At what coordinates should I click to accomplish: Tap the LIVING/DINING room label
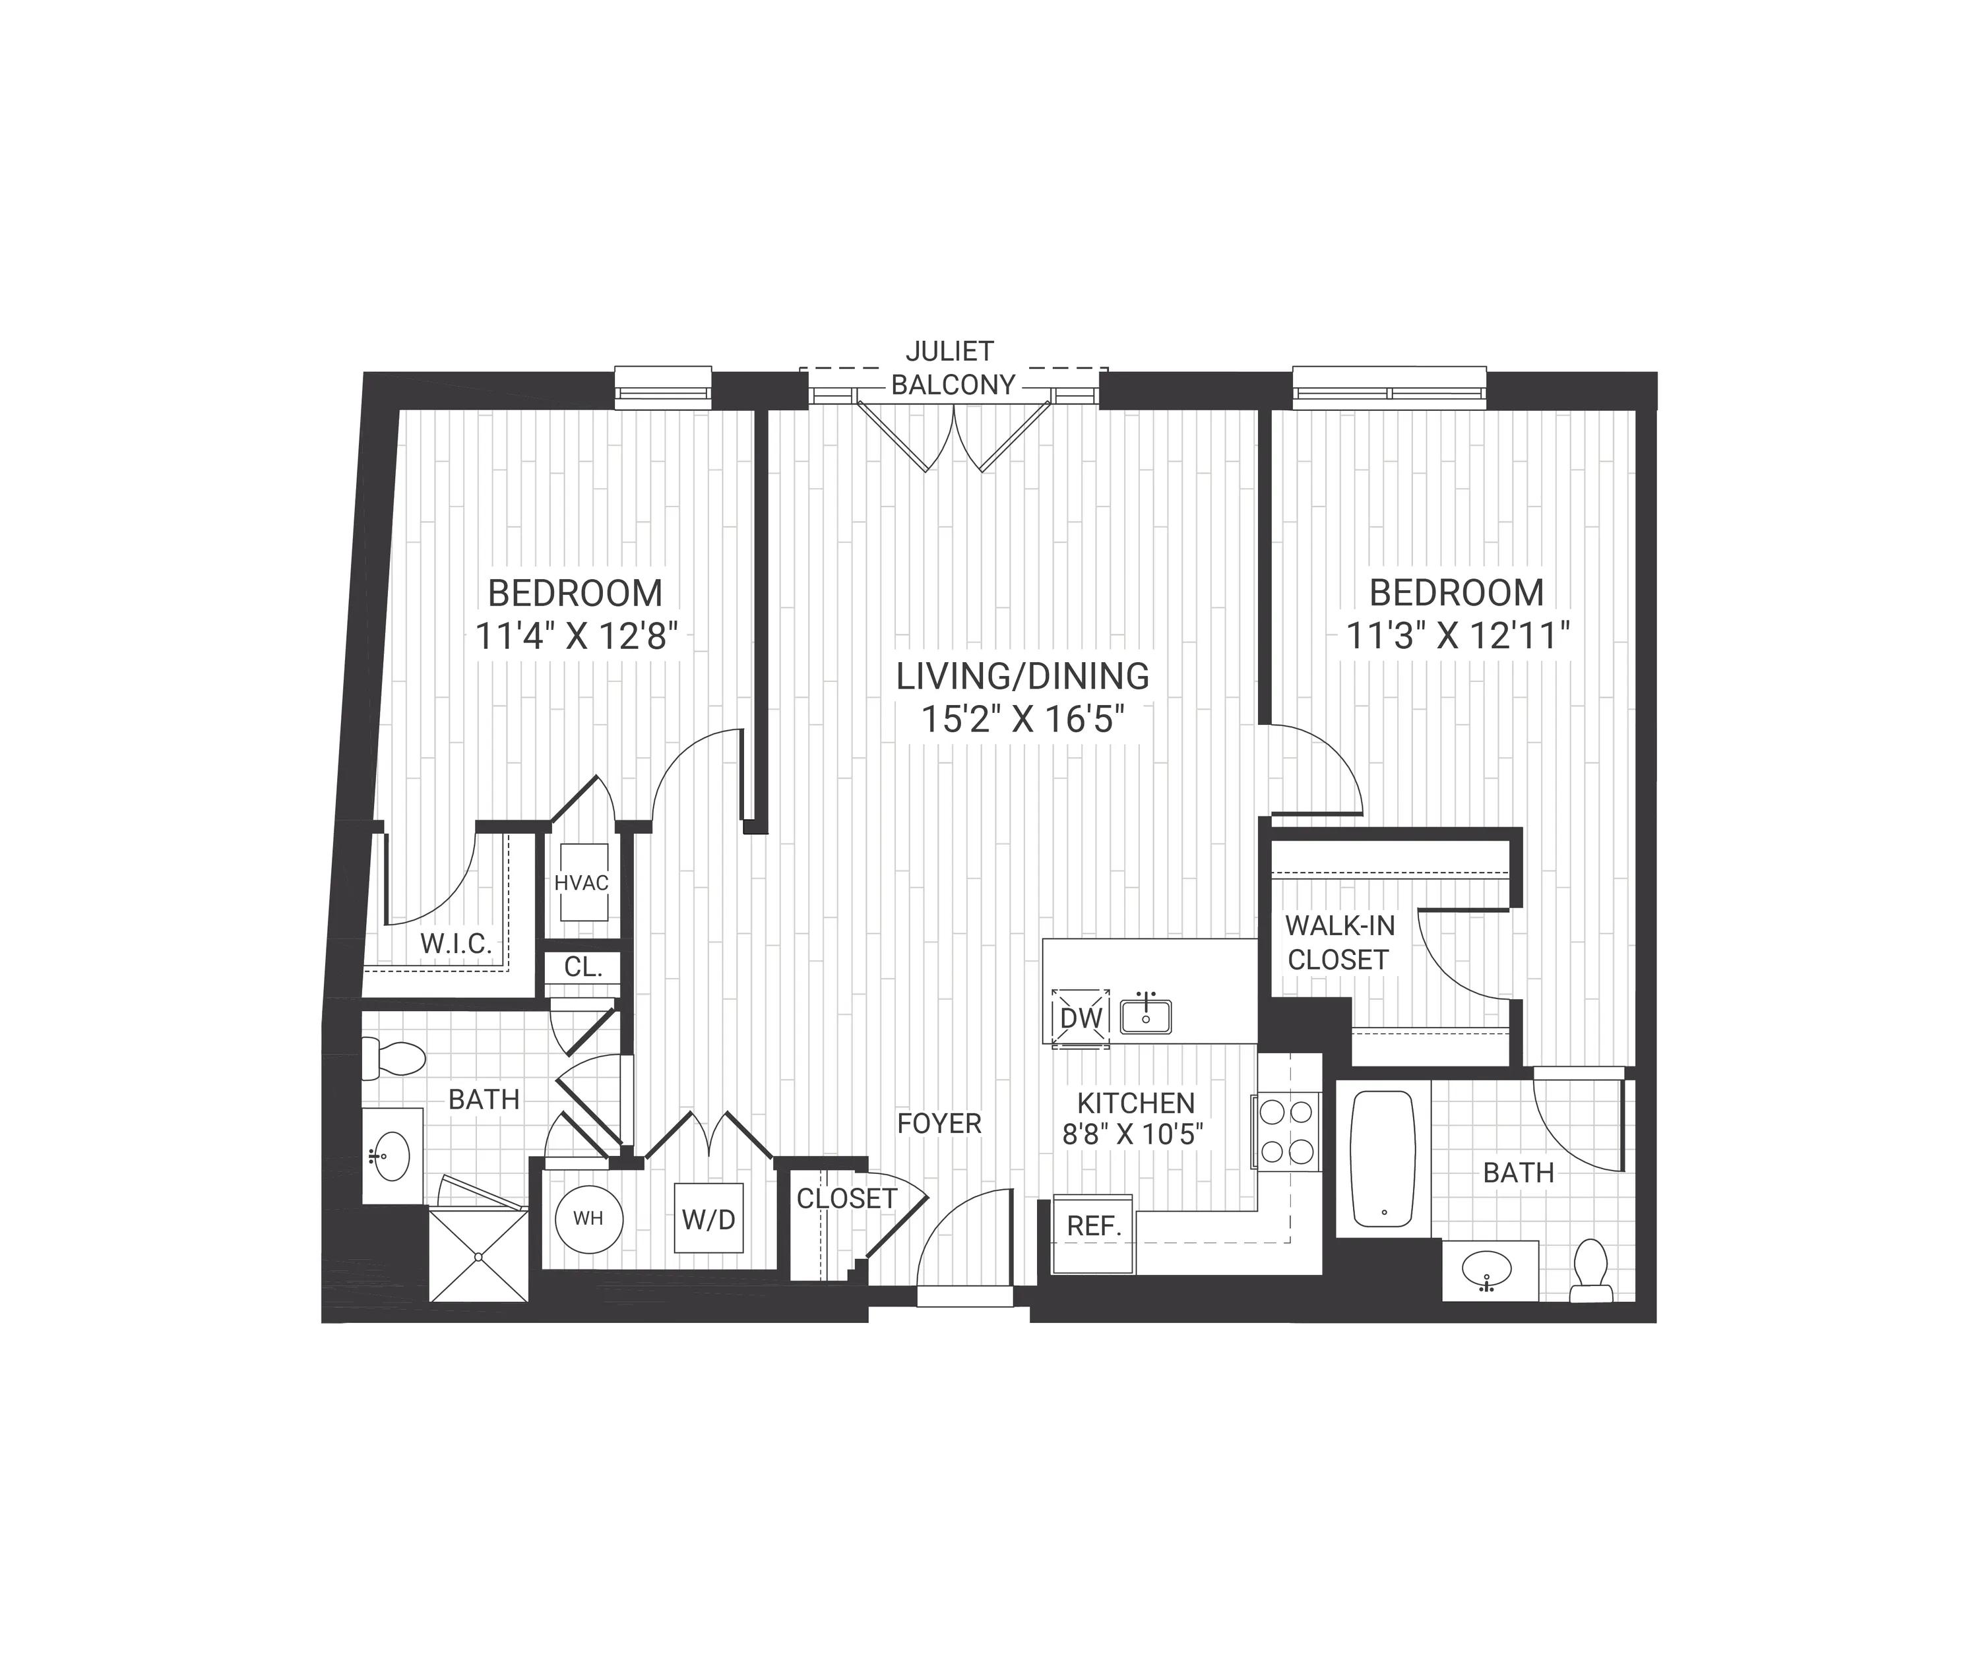1022,677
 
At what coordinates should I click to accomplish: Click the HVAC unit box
581,882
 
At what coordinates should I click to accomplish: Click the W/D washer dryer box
708,1218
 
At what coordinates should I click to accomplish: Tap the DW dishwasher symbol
1080,1018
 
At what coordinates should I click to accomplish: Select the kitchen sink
1146,1016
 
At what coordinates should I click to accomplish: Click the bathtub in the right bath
1383,1159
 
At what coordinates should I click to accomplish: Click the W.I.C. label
456,944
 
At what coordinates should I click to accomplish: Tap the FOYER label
939,1123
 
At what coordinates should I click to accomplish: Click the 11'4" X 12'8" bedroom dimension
576,638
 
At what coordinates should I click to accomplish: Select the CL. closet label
582,967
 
